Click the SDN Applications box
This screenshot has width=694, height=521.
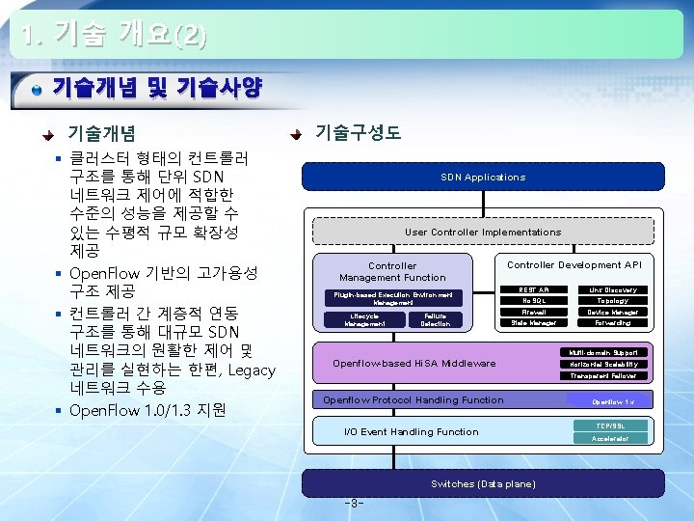pyautogui.click(x=483, y=177)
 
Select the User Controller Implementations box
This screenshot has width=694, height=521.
pyautogui.click(x=483, y=232)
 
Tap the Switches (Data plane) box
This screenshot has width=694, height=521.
pyautogui.click(x=483, y=483)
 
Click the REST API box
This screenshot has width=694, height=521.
pyautogui.click(x=534, y=289)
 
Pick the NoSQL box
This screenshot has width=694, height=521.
pyautogui.click(x=534, y=301)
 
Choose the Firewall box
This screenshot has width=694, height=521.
pyautogui.click(x=534, y=313)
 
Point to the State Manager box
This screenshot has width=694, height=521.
pyautogui.click(x=534, y=323)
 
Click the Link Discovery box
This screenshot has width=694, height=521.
pyautogui.click(x=613, y=289)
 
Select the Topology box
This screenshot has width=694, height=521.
pyautogui.click(x=613, y=301)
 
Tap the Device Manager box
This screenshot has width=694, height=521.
pyautogui.click(x=613, y=313)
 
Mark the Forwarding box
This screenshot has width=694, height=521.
pyautogui.click(x=613, y=323)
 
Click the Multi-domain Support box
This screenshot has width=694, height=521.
pyautogui.click(x=603, y=353)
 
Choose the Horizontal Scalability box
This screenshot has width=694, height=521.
pyautogui.click(x=603, y=365)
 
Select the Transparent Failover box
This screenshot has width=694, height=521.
pyautogui.click(x=603, y=376)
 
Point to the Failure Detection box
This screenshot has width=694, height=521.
pyautogui.click(x=436, y=320)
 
